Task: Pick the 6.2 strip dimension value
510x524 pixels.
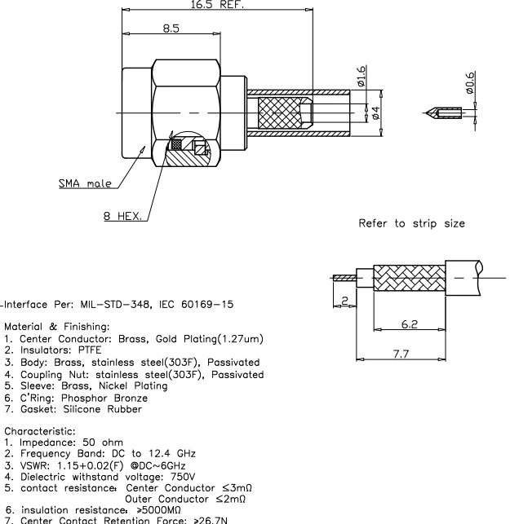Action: (x=410, y=324)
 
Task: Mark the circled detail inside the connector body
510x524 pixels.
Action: (x=188, y=147)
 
